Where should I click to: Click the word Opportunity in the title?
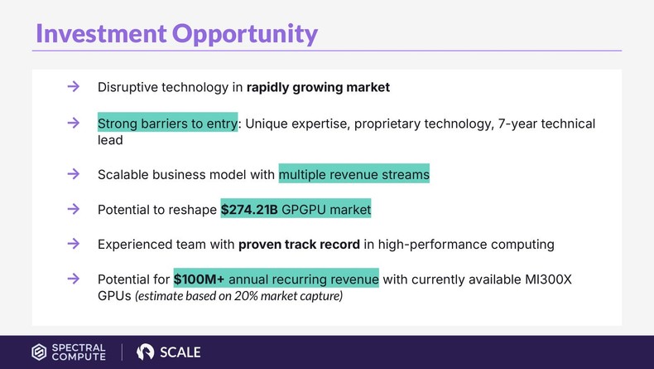pos(244,33)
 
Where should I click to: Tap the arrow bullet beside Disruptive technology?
pos(73,86)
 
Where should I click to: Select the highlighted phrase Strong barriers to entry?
pos(167,124)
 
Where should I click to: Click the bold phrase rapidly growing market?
pos(318,87)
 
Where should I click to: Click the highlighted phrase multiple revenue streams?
pos(353,175)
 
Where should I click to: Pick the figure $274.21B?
pos(249,211)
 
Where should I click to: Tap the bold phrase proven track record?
pos(299,245)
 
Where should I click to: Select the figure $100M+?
pos(199,279)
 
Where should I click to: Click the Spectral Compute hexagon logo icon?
pos(39,352)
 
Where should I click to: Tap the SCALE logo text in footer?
pos(180,352)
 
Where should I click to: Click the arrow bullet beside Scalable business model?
pos(73,174)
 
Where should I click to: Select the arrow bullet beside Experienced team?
pos(73,244)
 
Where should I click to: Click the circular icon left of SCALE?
pos(146,352)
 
